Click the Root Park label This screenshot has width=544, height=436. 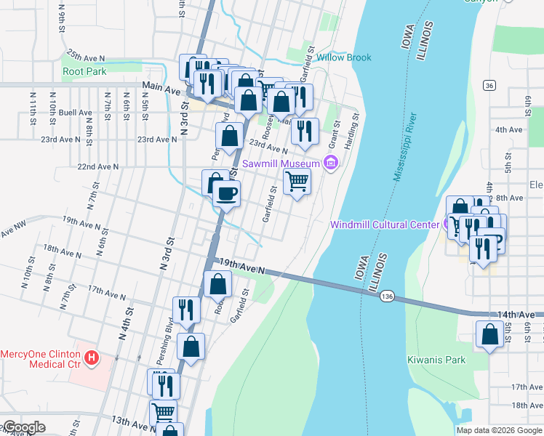pyautogui.click(x=84, y=71)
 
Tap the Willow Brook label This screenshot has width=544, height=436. pyautogui.click(x=344, y=57)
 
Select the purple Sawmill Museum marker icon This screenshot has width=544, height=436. pyautogui.click(x=331, y=162)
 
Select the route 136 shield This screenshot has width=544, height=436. pyautogui.click(x=387, y=296)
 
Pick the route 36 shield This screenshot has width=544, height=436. pyautogui.click(x=489, y=86)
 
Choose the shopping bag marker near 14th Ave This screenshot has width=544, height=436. pyautogui.click(x=490, y=334)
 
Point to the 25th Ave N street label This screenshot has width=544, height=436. pyautogui.click(x=86, y=55)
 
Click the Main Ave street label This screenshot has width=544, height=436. pyautogui.click(x=161, y=86)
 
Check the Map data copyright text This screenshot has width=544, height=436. pyautogui.click(x=500, y=430)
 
